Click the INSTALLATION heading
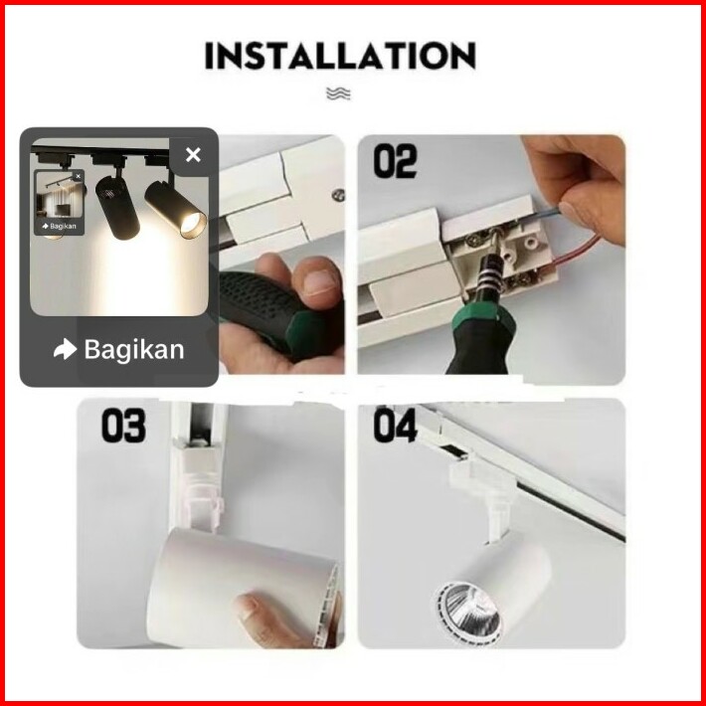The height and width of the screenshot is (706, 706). [340, 56]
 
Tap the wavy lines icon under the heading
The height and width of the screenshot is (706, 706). [338, 93]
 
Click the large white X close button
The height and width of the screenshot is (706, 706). [193, 155]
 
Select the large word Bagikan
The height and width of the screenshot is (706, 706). [134, 350]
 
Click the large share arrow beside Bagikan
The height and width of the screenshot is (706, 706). [65, 349]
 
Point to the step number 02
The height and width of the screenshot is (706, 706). [395, 162]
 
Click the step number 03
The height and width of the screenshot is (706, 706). [123, 426]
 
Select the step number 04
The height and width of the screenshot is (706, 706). [395, 426]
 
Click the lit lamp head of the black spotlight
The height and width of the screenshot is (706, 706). [177, 209]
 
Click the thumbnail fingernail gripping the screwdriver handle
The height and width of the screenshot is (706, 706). [319, 281]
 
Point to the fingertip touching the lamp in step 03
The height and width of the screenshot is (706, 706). [247, 608]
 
